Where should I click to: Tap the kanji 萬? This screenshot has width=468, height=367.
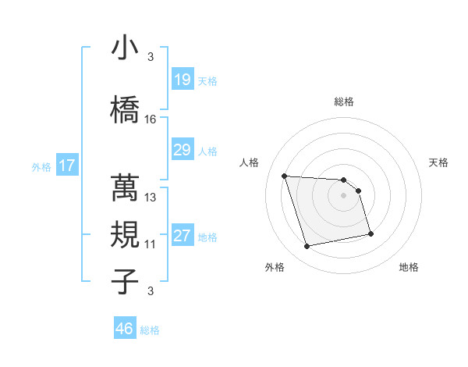coord(125,187)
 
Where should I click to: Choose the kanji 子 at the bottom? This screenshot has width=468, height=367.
coord(125,281)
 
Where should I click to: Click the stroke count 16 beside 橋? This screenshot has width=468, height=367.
coord(151,119)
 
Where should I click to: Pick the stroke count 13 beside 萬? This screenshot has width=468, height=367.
coord(151,198)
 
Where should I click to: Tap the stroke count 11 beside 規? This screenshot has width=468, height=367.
coord(151,244)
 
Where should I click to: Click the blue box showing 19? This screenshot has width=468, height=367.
coord(182,80)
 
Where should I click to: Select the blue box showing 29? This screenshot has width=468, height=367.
coord(182,150)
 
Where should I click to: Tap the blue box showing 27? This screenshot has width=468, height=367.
coord(182,236)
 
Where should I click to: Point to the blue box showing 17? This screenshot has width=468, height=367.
coord(66,166)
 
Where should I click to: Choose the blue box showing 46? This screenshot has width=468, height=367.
coord(124,329)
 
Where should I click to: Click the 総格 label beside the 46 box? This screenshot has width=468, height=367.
coord(150,330)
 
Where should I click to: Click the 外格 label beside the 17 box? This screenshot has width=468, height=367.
coord(41,166)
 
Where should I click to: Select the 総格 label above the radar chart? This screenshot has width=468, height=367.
coord(344,102)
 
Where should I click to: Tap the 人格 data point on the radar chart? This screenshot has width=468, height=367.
coord(285,176)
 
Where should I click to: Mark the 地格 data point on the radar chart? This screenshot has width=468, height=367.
coord(370,233)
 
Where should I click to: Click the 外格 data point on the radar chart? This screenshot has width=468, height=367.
coord(307,247)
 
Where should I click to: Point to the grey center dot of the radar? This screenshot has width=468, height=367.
coord(344,195)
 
